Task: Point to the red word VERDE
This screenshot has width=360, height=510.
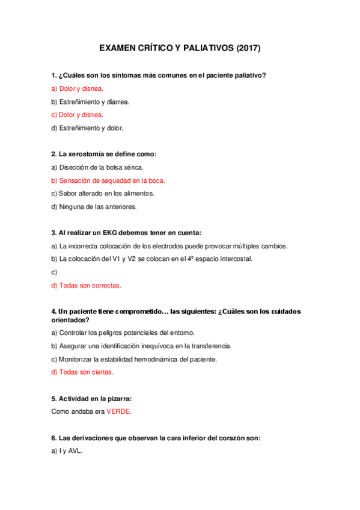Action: (x=118, y=412)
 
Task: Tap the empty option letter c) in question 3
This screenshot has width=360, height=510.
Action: (x=54, y=272)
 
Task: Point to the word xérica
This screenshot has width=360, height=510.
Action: (x=133, y=167)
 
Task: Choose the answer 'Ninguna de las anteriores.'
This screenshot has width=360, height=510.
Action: (x=94, y=207)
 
